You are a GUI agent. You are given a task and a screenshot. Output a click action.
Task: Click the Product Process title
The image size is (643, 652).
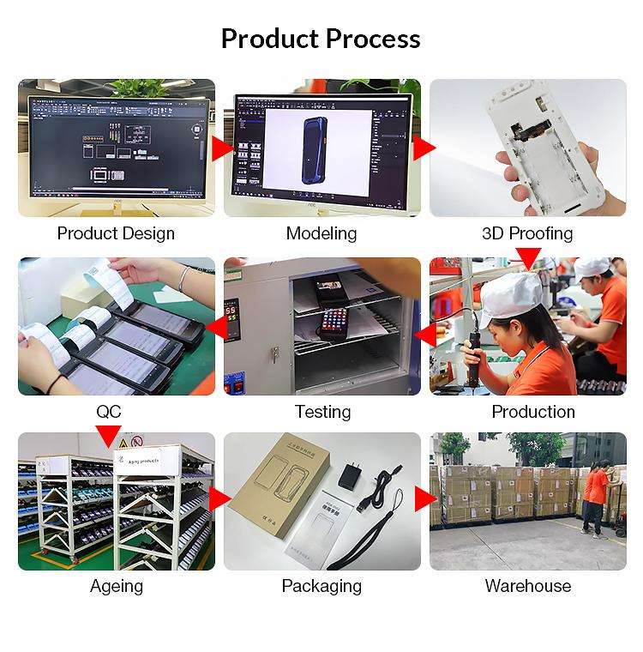pyautogui.click(x=321, y=39)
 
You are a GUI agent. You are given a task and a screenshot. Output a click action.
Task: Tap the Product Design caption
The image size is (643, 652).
pyautogui.click(x=116, y=233)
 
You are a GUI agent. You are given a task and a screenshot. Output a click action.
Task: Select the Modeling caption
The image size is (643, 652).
pyautogui.click(x=321, y=233)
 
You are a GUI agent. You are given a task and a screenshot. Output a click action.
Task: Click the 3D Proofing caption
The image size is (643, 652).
pyautogui.click(x=527, y=233)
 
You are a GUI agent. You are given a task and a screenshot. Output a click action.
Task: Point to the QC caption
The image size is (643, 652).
pyautogui.click(x=109, y=412)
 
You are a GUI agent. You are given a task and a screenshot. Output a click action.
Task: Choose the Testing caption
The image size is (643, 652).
pyautogui.click(x=322, y=412)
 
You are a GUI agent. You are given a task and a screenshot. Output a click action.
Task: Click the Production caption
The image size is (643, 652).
pyautogui.click(x=532, y=412)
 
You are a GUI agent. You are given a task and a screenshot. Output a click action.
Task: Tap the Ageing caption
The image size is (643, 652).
pyautogui.click(x=117, y=586)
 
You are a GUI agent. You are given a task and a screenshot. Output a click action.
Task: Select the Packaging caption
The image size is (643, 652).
pyautogui.click(x=321, y=586)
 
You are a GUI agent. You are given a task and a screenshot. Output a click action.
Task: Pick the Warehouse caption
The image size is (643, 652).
pyautogui.click(x=528, y=586)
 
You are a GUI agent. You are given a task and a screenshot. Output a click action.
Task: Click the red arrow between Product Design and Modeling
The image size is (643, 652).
pyautogui.click(x=223, y=148)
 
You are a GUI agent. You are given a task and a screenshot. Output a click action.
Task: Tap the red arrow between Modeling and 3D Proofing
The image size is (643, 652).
pyautogui.click(x=424, y=148)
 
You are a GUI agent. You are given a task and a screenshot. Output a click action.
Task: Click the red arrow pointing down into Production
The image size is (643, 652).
pyautogui.click(x=528, y=257)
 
